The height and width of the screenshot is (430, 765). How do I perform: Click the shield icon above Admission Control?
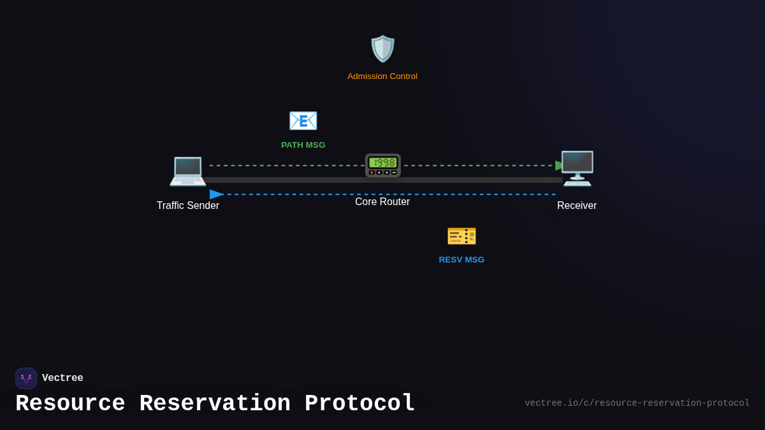pyautogui.click(x=382, y=49)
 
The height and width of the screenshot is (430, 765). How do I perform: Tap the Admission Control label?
pyautogui.click(x=382, y=76)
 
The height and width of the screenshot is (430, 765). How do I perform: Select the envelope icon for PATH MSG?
pyautogui.click(x=303, y=120)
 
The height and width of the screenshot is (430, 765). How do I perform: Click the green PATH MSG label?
pyautogui.click(x=303, y=145)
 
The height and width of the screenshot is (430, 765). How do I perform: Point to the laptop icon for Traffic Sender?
pyautogui.click(x=187, y=170)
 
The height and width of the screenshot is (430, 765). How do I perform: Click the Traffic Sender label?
pyautogui.click(x=187, y=206)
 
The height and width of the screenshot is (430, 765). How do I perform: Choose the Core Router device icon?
pyautogui.click(x=382, y=165)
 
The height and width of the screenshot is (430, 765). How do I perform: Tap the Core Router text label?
pyautogui.click(x=382, y=202)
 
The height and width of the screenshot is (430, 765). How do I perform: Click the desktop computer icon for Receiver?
pyautogui.click(x=578, y=168)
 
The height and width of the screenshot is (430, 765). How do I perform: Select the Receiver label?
pyautogui.click(x=577, y=206)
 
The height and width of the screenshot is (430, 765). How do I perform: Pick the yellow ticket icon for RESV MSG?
pyautogui.click(x=462, y=236)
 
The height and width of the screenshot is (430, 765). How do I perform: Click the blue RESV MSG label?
pyautogui.click(x=462, y=260)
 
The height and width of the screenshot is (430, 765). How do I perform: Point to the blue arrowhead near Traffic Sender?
pyautogui.click(x=216, y=194)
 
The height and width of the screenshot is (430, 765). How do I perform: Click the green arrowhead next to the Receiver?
pyautogui.click(x=560, y=166)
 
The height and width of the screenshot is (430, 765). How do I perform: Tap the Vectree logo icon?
pyautogui.click(x=26, y=378)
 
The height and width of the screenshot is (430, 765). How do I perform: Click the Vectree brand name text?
pyautogui.click(x=62, y=378)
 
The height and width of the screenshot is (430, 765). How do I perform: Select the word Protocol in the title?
pyautogui.click(x=360, y=404)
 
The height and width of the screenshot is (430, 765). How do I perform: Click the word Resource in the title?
pyautogui.click(x=70, y=404)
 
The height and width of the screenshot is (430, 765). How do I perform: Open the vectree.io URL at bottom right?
pyautogui.click(x=637, y=403)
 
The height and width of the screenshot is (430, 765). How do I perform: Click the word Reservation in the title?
pyautogui.click(x=215, y=404)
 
